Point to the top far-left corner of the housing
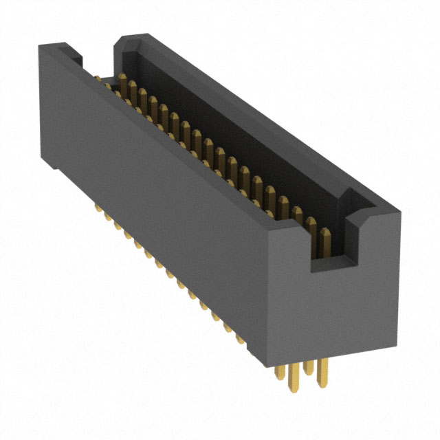(39, 45)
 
